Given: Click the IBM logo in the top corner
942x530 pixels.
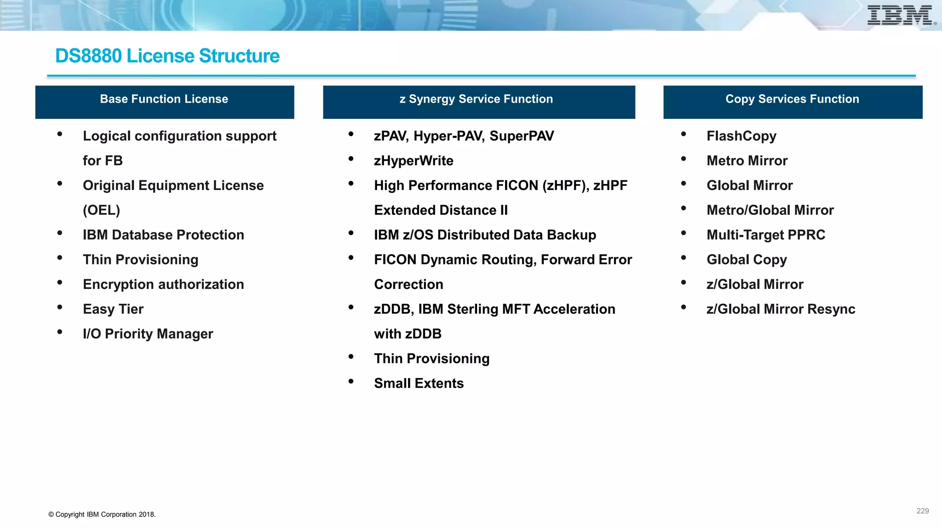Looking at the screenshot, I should [900, 15].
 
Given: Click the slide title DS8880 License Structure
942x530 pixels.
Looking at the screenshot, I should [167, 56].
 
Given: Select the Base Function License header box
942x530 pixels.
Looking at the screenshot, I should [164, 102].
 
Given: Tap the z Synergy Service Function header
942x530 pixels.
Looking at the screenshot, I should [478, 102].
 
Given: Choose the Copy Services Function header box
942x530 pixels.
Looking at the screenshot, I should [792, 102].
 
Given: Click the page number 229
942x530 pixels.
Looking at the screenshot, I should [922, 511].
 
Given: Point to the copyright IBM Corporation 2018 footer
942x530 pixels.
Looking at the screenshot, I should [102, 514].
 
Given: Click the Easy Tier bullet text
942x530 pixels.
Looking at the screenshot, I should [113, 309].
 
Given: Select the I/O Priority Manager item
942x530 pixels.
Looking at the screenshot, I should [148, 334].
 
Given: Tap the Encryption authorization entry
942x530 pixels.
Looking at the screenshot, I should [163, 284].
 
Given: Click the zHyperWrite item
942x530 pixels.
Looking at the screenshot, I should [414, 161].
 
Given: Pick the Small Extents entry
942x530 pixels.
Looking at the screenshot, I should [419, 383].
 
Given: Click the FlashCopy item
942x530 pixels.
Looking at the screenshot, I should [741, 136].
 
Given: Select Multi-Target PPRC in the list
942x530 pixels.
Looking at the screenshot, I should [766, 235].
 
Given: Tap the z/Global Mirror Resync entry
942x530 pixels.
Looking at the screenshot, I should [781, 309].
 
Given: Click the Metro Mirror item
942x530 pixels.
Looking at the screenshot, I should [747, 161].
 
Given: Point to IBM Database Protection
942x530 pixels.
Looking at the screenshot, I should [163, 235].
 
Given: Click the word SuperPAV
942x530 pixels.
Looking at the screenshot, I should [522, 136].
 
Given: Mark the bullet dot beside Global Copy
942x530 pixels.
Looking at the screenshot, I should [684, 258].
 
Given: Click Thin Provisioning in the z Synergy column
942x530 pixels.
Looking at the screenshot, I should [431, 358].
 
